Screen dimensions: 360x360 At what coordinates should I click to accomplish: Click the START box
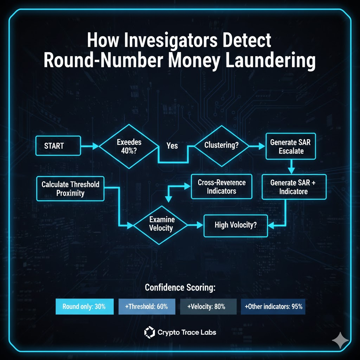point(58,146)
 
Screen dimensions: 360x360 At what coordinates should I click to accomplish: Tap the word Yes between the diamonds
point(172,146)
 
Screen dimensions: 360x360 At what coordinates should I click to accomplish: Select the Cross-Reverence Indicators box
point(221,187)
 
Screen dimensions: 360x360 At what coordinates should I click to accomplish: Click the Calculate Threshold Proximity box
point(70,188)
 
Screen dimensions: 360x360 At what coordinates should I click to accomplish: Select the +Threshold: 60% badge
point(147,306)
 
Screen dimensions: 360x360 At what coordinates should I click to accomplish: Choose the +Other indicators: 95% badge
point(273,306)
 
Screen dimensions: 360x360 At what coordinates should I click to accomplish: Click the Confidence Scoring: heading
point(180,288)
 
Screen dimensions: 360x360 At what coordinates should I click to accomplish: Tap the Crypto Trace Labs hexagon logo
point(149,332)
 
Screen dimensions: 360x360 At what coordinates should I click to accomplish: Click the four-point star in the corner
point(341,340)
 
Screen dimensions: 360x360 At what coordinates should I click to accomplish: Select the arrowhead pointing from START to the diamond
point(96,146)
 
